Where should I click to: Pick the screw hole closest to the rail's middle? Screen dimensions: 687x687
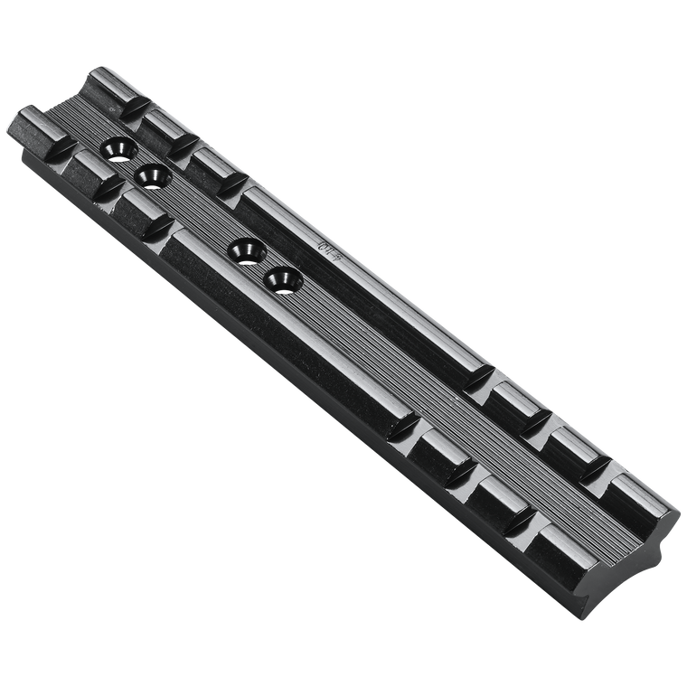click(x=281, y=277)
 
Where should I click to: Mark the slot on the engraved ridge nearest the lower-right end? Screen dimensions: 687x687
click(x=598, y=473)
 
